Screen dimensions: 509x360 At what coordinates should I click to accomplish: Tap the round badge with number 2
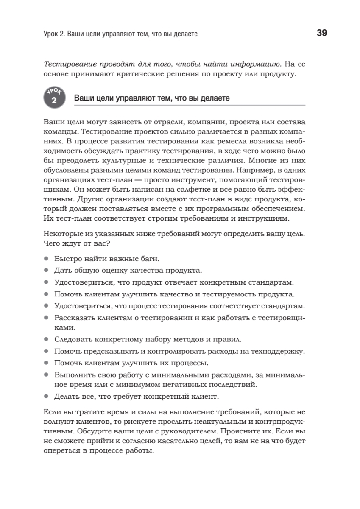pyautogui.click(x=53, y=98)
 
